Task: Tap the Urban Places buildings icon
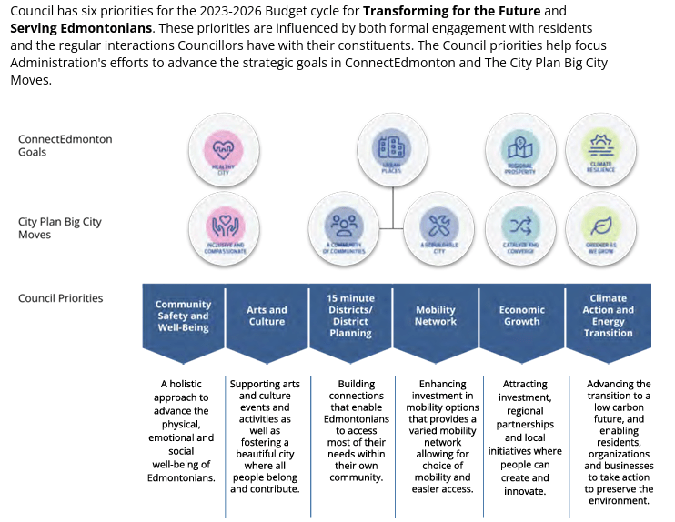click(392, 148)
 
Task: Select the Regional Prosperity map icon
click(520, 149)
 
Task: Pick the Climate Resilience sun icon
click(600, 148)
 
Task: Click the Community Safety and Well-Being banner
click(183, 316)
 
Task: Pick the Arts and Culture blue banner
click(267, 316)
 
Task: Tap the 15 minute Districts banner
click(350, 316)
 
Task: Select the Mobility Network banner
click(435, 316)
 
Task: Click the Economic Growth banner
click(521, 316)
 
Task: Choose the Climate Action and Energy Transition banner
click(608, 316)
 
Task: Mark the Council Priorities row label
click(60, 298)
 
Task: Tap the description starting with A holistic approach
click(183, 430)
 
